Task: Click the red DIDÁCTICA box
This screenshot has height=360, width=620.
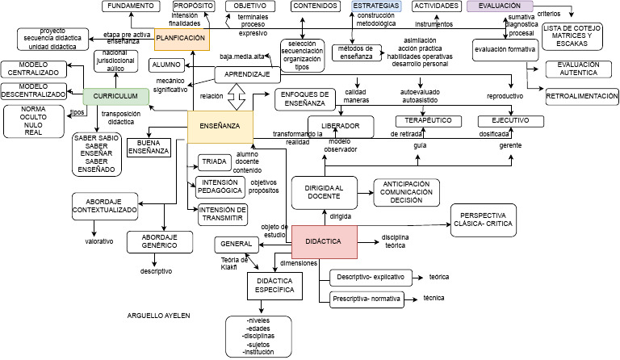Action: click(325, 241)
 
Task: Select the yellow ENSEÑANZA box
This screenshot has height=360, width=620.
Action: click(220, 127)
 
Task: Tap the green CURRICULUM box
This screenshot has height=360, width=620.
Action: click(116, 96)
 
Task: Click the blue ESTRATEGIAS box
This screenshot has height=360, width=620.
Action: click(375, 6)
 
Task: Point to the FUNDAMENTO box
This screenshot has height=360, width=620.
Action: click(130, 6)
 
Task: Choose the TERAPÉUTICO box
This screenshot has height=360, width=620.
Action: click(428, 121)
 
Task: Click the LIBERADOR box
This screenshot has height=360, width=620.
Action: click(341, 127)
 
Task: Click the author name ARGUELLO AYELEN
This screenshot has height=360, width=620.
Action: click(159, 316)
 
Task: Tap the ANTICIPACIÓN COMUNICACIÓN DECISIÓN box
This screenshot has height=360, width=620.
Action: click(406, 193)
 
